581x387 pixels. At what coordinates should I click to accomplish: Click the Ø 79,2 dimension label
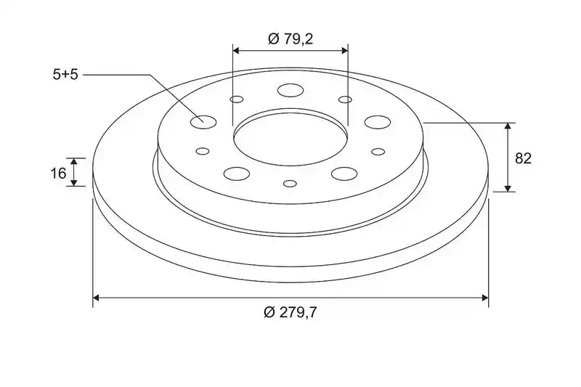(x=290, y=38)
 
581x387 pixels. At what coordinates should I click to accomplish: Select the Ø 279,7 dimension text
(x=290, y=312)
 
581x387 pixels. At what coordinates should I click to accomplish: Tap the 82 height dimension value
(x=523, y=158)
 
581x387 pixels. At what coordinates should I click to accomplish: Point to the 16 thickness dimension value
(x=58, y=173)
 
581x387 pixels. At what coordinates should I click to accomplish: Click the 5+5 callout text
(x=65, y=75)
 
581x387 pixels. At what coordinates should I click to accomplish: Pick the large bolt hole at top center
(x=290, y=90)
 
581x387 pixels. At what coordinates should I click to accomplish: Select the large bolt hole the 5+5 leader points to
(x=203, y=122)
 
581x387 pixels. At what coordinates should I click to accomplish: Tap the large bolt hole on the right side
(x=378, y=122)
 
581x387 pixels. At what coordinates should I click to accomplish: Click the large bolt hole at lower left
(x=237, y=174)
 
